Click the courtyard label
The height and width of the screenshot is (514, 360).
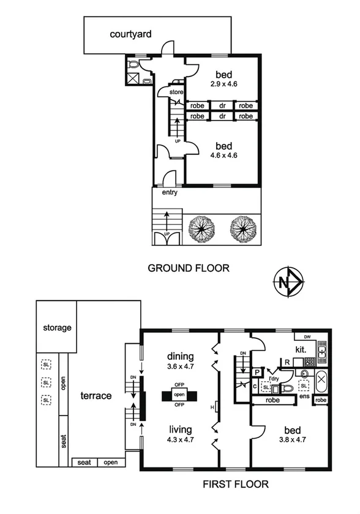click(x=130, y=34)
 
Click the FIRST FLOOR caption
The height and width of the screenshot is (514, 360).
click(x=236, y=484)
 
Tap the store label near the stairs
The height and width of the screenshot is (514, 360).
click(x=176, y=92)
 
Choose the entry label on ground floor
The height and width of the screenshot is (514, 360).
click(x=170, y=193)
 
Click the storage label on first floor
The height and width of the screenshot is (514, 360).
click(x=57, y=328)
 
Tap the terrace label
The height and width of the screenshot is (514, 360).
click(x=96, y=396)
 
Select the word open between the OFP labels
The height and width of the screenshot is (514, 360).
click(x=180, y=396)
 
